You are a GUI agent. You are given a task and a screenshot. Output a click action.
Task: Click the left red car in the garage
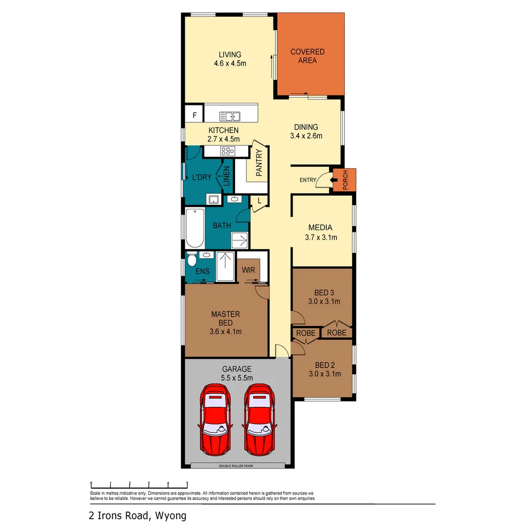(x=214, y=420)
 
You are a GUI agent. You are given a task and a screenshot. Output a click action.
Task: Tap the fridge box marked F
(x=195, y=116)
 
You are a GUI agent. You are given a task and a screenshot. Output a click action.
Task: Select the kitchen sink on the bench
(x=230, y=116)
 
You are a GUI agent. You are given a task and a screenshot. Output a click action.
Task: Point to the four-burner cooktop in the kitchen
(x=228, y=151)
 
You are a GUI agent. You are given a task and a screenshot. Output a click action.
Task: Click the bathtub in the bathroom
(x=195, y=229)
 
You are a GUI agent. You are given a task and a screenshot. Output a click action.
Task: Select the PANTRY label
(x=259, y=163)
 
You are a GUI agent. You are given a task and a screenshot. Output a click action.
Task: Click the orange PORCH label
(x=345, y=180)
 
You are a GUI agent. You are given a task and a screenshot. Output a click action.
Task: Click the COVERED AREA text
(x=307, y=56)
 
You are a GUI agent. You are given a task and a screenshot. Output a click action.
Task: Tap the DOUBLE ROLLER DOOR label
(x=236, y=465)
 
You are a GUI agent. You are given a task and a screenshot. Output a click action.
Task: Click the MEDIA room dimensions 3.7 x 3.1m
(x=321, y=237)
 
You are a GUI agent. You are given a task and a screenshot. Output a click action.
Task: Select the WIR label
(x=248, y=270)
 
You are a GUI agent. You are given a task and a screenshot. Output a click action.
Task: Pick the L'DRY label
(x=201, y=177)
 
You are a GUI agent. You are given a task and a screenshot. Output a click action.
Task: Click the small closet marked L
(x=259, y=200)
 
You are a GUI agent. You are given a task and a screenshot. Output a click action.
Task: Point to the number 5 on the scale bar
(x=187, y=483)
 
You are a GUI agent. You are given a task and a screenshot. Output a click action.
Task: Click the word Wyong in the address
(x=171, y=516)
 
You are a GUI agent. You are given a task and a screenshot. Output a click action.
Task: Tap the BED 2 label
(x=325, y=365)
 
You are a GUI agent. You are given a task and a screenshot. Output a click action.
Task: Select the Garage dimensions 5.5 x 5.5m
(x=236, y=378)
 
